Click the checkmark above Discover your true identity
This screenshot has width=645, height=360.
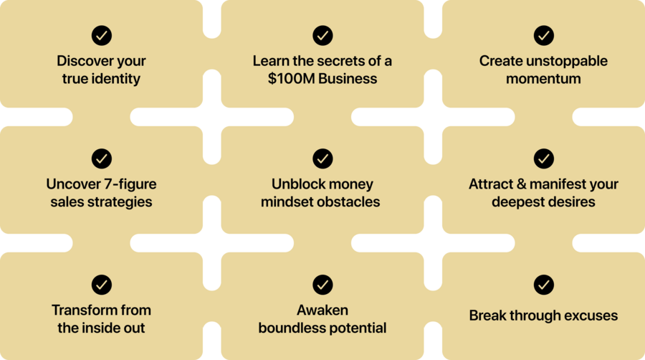coord(102,35)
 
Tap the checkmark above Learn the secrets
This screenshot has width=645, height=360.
coord(322,35)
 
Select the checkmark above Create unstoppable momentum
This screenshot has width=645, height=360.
coord(543,35)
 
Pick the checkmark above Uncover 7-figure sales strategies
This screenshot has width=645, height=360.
coord(102,158)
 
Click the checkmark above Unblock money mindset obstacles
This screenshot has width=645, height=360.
coord(322,158)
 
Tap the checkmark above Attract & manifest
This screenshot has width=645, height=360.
coord(543,158)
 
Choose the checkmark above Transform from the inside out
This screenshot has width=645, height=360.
coord(102,285)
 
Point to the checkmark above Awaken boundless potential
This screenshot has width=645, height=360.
coord(322,285)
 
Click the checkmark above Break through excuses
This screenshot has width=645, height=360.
coord(543,285)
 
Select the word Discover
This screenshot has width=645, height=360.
coord(80,61)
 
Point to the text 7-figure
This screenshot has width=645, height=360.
coord(130,184)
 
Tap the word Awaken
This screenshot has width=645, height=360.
coord(322,311)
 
